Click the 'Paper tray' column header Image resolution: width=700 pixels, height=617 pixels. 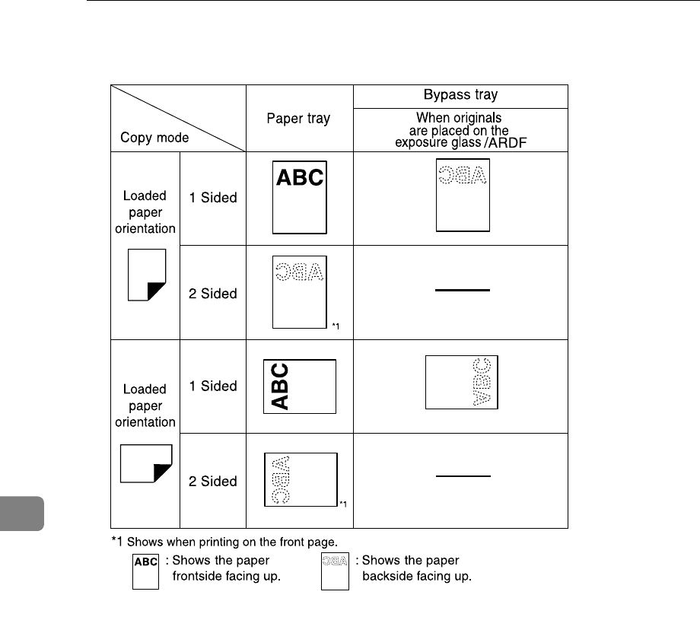(299, 119)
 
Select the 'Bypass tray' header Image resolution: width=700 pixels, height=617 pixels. (461, 97)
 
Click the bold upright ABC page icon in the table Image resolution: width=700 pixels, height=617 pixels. (300, 197)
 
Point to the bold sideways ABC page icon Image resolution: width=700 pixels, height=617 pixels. (299, 386)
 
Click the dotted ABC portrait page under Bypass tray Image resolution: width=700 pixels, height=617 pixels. (462, 195)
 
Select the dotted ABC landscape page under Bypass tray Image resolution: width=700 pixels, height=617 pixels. (461, 382)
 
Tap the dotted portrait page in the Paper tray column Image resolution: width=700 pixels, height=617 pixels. (299, 291)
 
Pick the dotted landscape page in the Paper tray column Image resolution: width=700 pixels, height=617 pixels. (299, 479)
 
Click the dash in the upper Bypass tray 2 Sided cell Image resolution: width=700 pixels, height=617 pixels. (462, 290)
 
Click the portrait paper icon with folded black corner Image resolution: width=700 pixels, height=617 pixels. (147, 275)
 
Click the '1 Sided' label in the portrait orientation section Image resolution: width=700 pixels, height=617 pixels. (213, 198)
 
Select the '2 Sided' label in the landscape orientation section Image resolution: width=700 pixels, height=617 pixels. (213, 482)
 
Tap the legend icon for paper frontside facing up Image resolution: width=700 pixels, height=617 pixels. (146, 571)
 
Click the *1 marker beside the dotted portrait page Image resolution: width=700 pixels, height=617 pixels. (336, 326)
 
